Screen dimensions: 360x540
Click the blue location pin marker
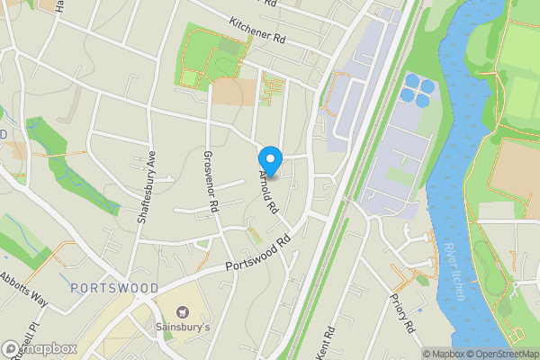coord(271,159)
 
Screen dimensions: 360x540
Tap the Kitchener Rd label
coord(256,32)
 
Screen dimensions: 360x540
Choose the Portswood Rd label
coord(262,253)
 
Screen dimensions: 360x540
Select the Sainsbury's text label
coord(183,327)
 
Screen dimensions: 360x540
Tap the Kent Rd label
coord(325,341)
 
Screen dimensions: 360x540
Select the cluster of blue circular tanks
coord(418,87)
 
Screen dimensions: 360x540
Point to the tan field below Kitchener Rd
coord(227,92)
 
